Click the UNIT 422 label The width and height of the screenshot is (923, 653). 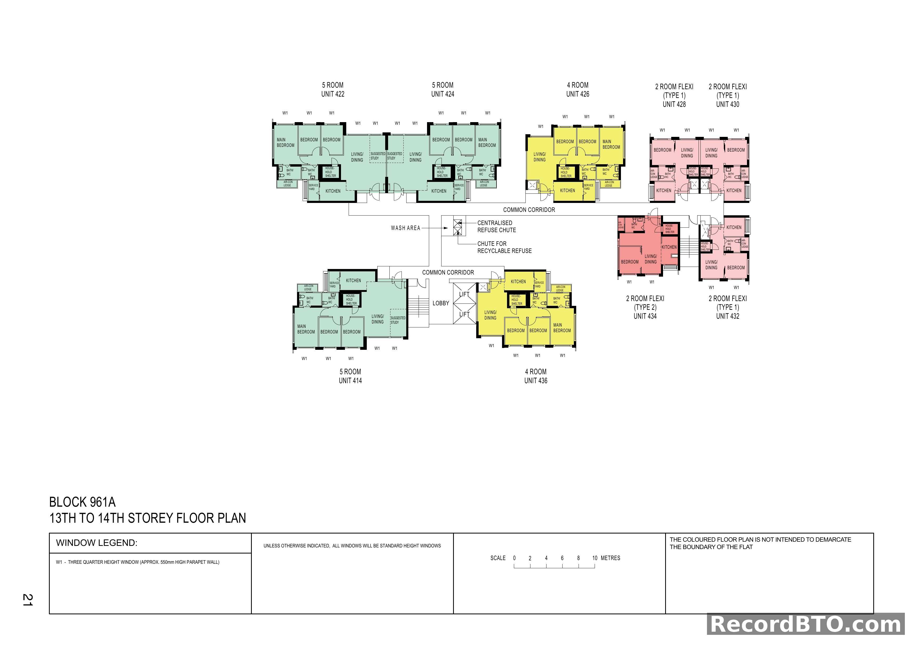[333, 94]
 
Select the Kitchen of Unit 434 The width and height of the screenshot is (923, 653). [669, 247]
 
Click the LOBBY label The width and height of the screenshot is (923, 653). [441, 303]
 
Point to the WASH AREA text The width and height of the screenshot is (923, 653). [405, 228]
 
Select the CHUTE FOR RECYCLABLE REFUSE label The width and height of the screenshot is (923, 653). [504, 247]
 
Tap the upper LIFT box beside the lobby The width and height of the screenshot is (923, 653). [464, 294]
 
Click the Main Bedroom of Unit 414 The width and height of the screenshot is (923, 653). [306, 329]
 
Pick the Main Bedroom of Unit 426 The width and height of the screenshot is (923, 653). [611, 144]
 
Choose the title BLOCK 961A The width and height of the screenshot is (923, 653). [82, 502]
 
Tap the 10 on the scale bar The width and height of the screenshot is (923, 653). [595, 558]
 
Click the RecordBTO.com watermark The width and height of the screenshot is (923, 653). [806, 625]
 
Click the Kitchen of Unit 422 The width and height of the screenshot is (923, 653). [333, 191]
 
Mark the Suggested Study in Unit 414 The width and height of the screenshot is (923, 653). [398, 320]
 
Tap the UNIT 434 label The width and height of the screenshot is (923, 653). [645, 316]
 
